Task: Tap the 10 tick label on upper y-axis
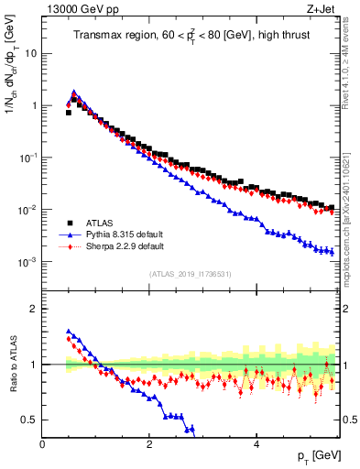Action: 29,53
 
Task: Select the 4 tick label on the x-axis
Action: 256,443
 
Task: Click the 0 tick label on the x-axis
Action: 43,443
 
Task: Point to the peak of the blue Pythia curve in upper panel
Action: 74,92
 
